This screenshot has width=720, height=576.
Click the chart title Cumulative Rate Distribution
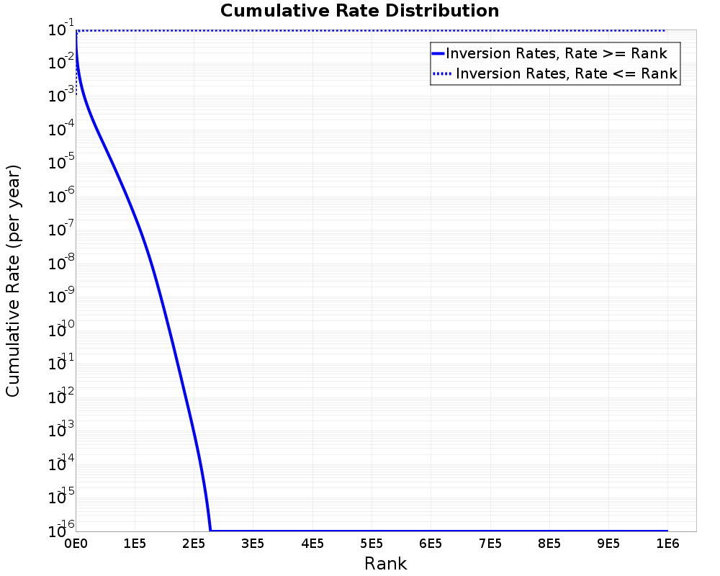point(359,12)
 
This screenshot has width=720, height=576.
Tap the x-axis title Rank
point(385,563)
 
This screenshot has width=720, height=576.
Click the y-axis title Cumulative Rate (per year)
point(13,281)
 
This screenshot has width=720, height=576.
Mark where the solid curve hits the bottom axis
point(210,531)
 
